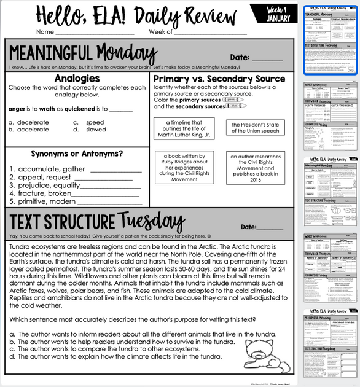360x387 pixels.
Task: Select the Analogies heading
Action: [77, 79]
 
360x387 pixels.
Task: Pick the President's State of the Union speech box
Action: [255, 127]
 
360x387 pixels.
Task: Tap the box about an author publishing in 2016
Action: [255, 168]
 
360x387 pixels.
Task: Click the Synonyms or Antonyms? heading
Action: [77, 154]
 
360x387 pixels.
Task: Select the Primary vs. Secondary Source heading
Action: [219, 79]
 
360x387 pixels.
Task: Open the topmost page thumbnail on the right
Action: [331, 40]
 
